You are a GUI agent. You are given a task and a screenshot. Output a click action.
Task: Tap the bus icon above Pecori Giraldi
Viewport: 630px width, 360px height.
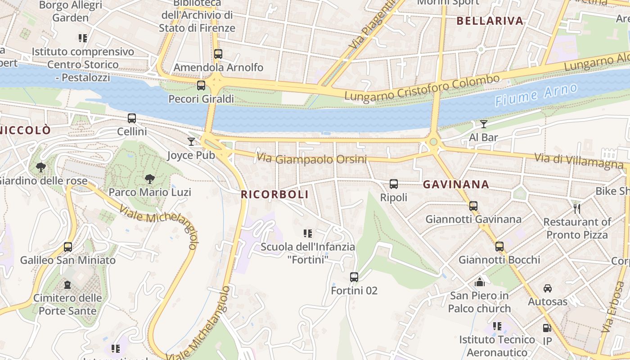point(201,85)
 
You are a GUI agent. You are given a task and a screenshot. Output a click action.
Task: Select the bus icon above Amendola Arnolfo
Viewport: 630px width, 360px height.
point(218,54)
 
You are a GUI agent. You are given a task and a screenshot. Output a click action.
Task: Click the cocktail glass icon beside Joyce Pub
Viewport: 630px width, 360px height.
point(191,142)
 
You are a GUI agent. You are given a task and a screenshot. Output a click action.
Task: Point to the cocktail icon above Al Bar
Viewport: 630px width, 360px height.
point(484,124)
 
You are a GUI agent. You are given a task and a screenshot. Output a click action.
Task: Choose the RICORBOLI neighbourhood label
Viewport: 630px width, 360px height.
point(275,194)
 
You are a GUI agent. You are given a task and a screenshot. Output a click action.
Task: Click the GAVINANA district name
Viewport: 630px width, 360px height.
point(456,184)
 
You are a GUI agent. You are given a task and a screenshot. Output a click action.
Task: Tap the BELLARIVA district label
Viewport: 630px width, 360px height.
point(490,21)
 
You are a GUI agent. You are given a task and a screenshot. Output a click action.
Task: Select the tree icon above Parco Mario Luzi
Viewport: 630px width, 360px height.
point(150,179)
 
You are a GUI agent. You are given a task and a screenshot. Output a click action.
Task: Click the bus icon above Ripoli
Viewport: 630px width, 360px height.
point(394,184)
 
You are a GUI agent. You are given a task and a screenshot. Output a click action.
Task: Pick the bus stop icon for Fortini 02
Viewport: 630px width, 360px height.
point(354,277)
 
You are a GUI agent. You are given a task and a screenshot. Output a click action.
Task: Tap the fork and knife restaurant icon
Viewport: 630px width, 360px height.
point(577,208)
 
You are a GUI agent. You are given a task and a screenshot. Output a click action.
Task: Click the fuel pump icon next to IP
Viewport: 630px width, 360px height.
point(547,328)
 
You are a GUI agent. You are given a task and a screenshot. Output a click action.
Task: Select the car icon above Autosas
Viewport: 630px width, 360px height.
point(548,288)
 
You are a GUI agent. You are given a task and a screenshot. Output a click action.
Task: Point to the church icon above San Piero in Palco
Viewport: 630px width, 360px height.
point(480,282)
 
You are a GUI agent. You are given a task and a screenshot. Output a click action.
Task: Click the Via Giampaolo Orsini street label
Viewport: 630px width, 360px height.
point(311,159)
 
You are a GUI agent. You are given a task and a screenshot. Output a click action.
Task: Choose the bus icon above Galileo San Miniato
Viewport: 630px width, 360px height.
point(68,247)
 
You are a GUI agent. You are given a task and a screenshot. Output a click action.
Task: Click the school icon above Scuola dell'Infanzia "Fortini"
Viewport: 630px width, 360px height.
point(308,233)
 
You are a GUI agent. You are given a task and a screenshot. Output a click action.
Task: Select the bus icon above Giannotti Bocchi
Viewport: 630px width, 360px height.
point(499,247)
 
